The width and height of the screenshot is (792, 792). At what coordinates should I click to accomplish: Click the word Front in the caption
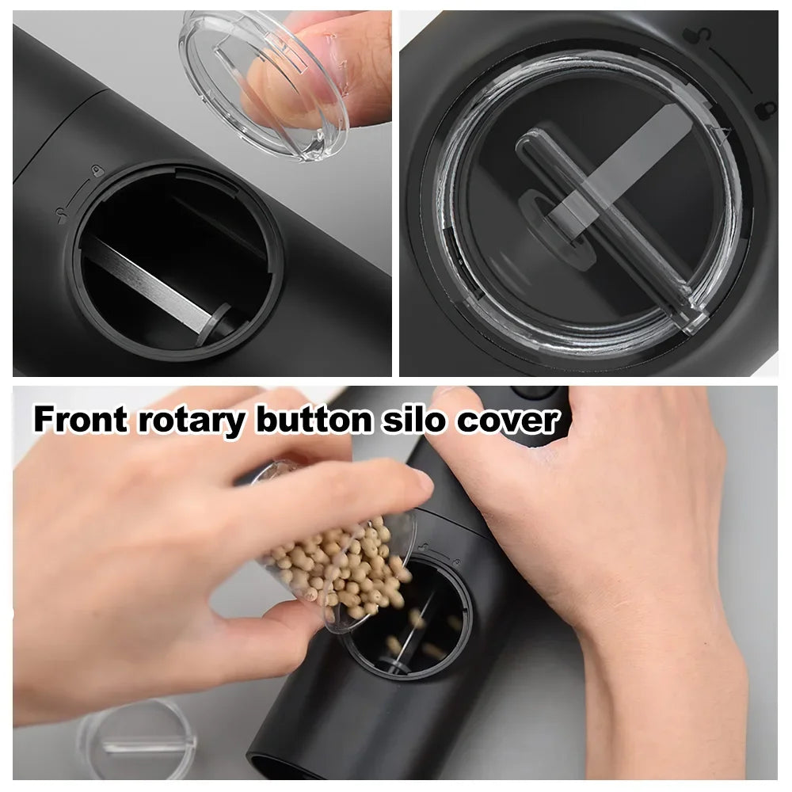click(79, 420)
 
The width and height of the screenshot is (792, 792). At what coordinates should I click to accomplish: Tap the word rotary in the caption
click(191, 420)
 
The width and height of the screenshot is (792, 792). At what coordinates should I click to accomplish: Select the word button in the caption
click(312, 420)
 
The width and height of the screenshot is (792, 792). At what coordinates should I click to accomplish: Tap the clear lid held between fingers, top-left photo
click(265, 83)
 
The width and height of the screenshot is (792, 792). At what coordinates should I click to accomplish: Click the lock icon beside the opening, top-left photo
click(96, 170)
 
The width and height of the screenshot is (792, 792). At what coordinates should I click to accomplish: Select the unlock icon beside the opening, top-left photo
click(62, 214)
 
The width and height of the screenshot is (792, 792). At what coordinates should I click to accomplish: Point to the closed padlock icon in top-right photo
click(764, 110)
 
